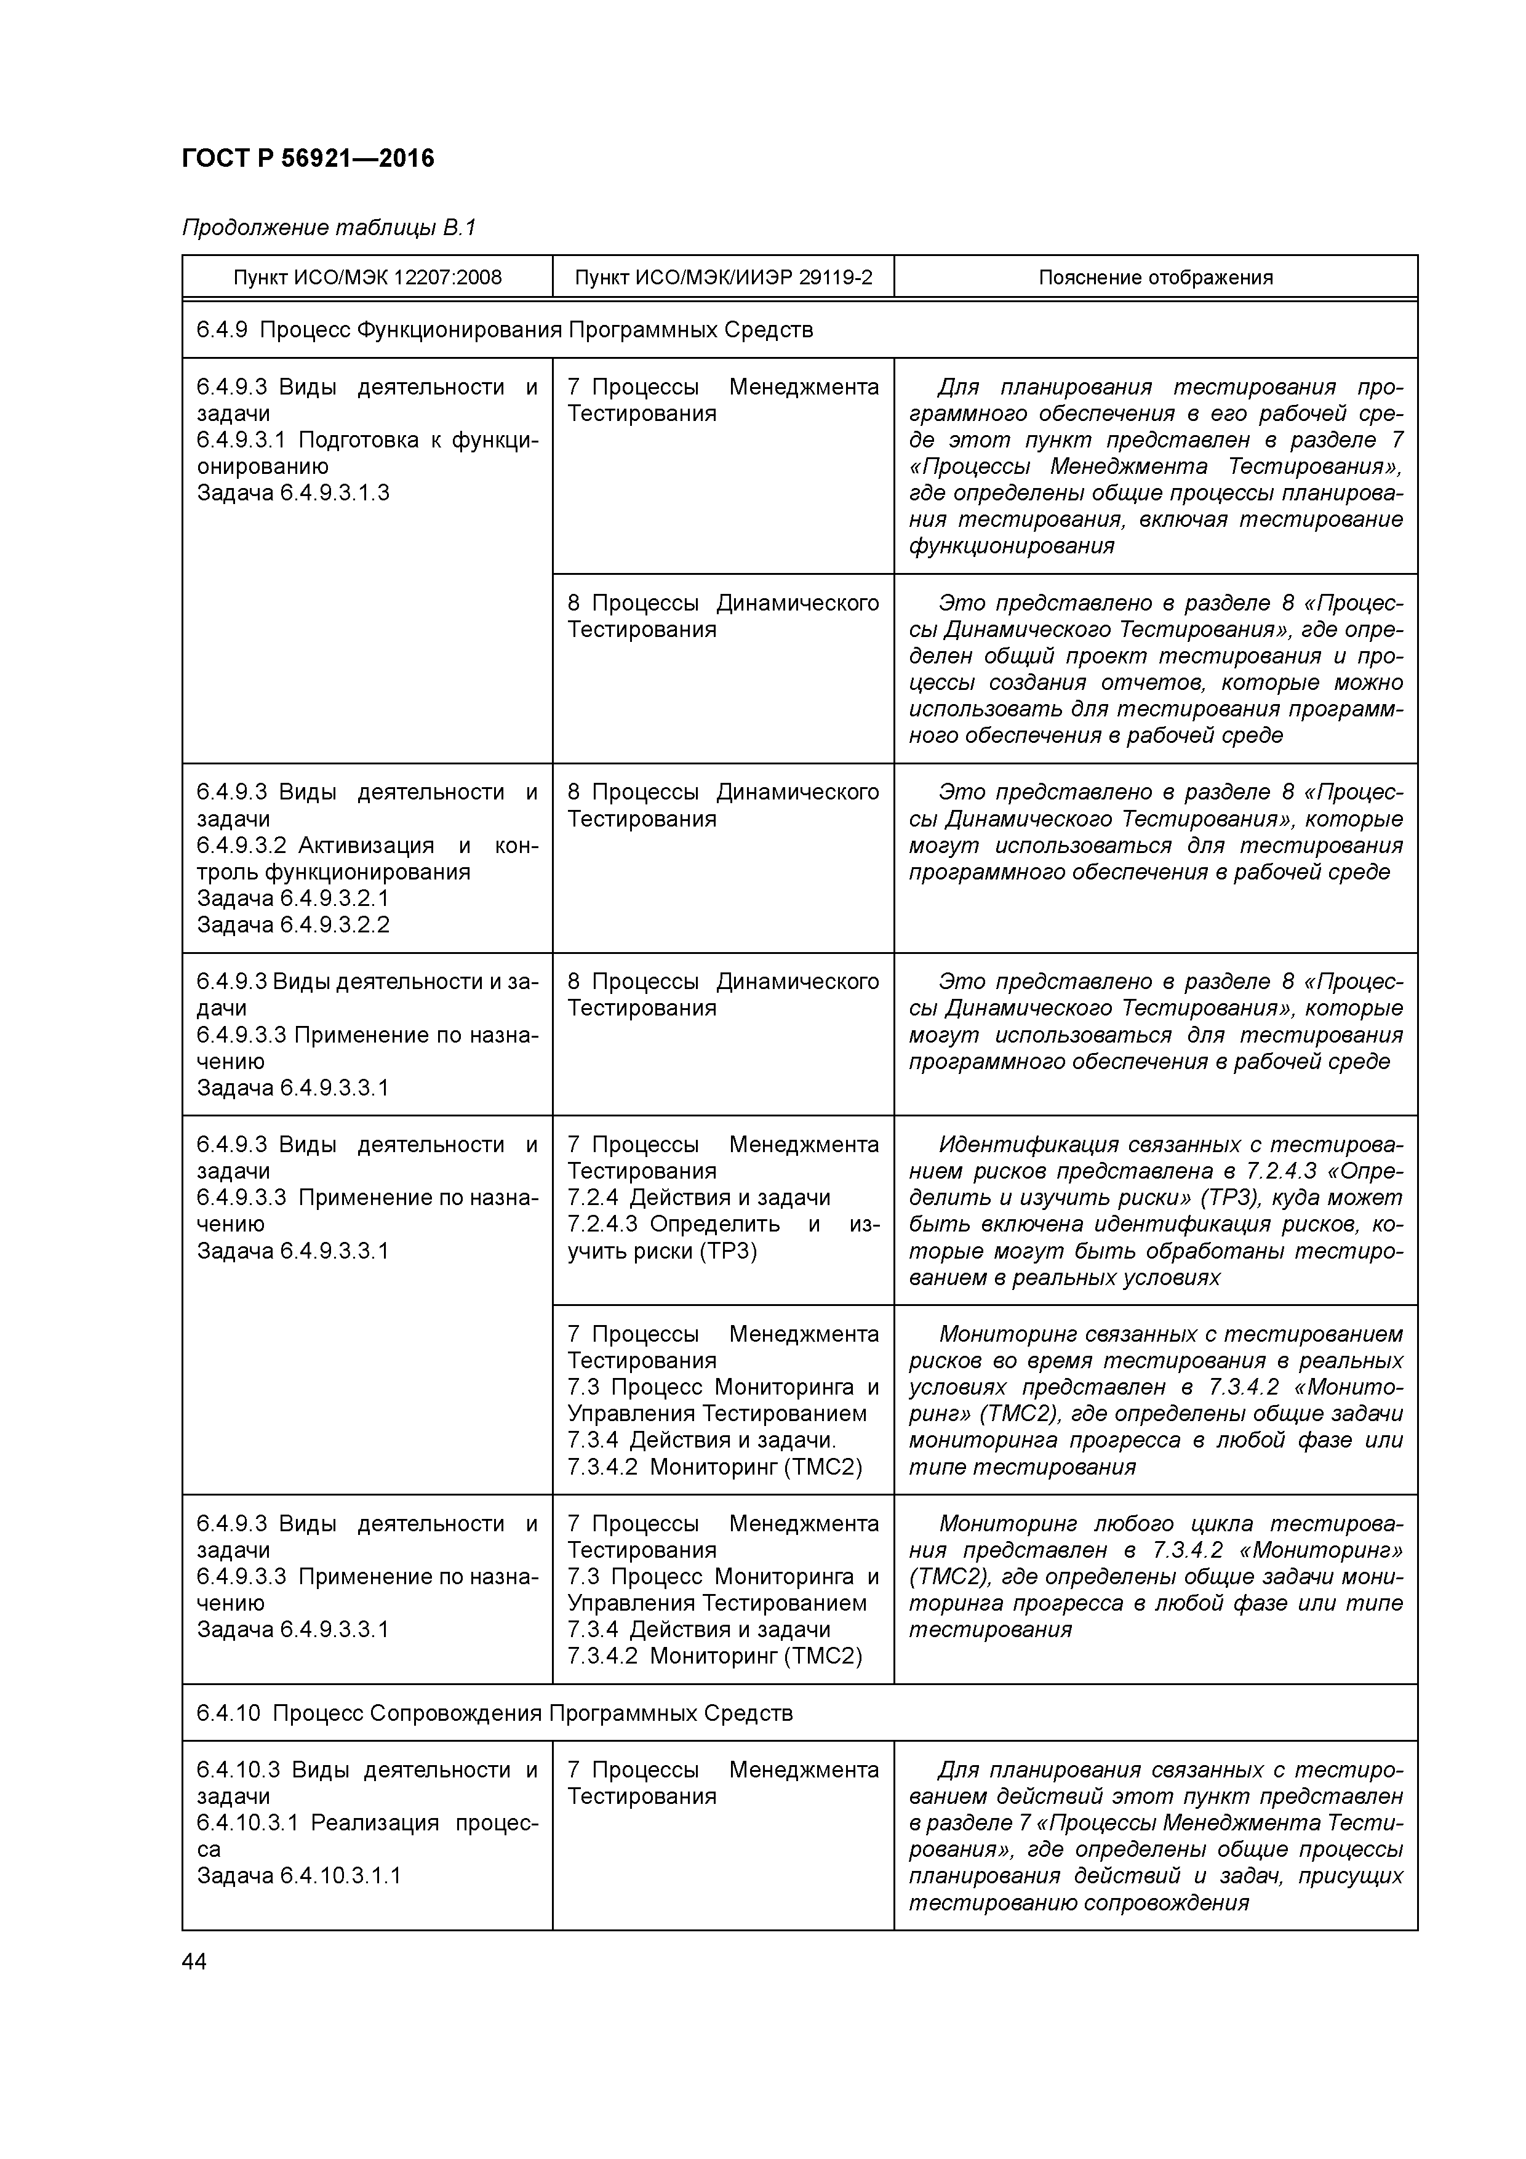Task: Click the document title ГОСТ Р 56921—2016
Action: [x=308, y=158]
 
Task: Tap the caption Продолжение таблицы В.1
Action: [x=329, y=228]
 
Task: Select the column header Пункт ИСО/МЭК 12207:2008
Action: [x=367, y=278]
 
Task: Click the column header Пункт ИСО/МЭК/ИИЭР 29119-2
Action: [x=723, y=278]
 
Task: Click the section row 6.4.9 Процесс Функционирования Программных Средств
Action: [x=505, y=330]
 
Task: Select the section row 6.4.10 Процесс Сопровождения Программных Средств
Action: [x=495, y=1713]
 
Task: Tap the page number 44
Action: [x=194, y=1961]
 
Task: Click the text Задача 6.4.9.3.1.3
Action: [x=292, y=493]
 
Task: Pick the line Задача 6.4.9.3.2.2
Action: [x=292, y=924]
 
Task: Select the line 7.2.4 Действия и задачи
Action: [x=698, y=1197]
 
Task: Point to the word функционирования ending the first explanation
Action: [x=1011, y=547]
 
